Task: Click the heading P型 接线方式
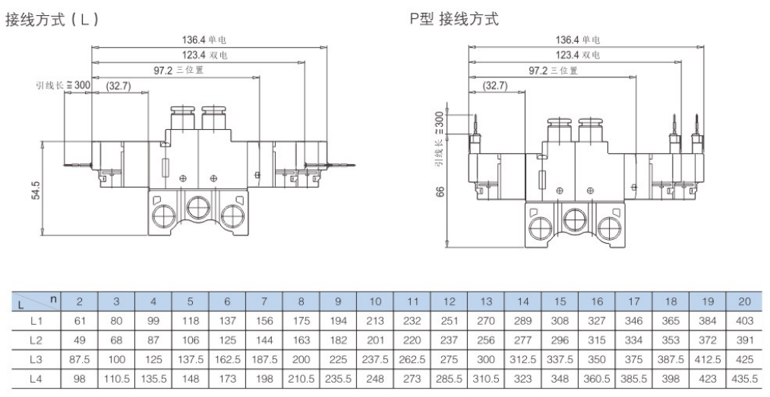pyautogui.click(x=454, y=19)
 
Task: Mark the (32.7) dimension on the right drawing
pyautogui.click(x=494, y=86)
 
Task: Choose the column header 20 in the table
pyautogui.click(x=744, y=301)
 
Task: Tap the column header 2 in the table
pyautogui.click(x=79, y=301)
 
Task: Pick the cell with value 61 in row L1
pyautogui.click(x=79, y=322)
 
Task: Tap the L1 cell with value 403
pyautogui.click(x=744, y=322)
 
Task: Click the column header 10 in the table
pyautogui.click(x=375, y=301)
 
